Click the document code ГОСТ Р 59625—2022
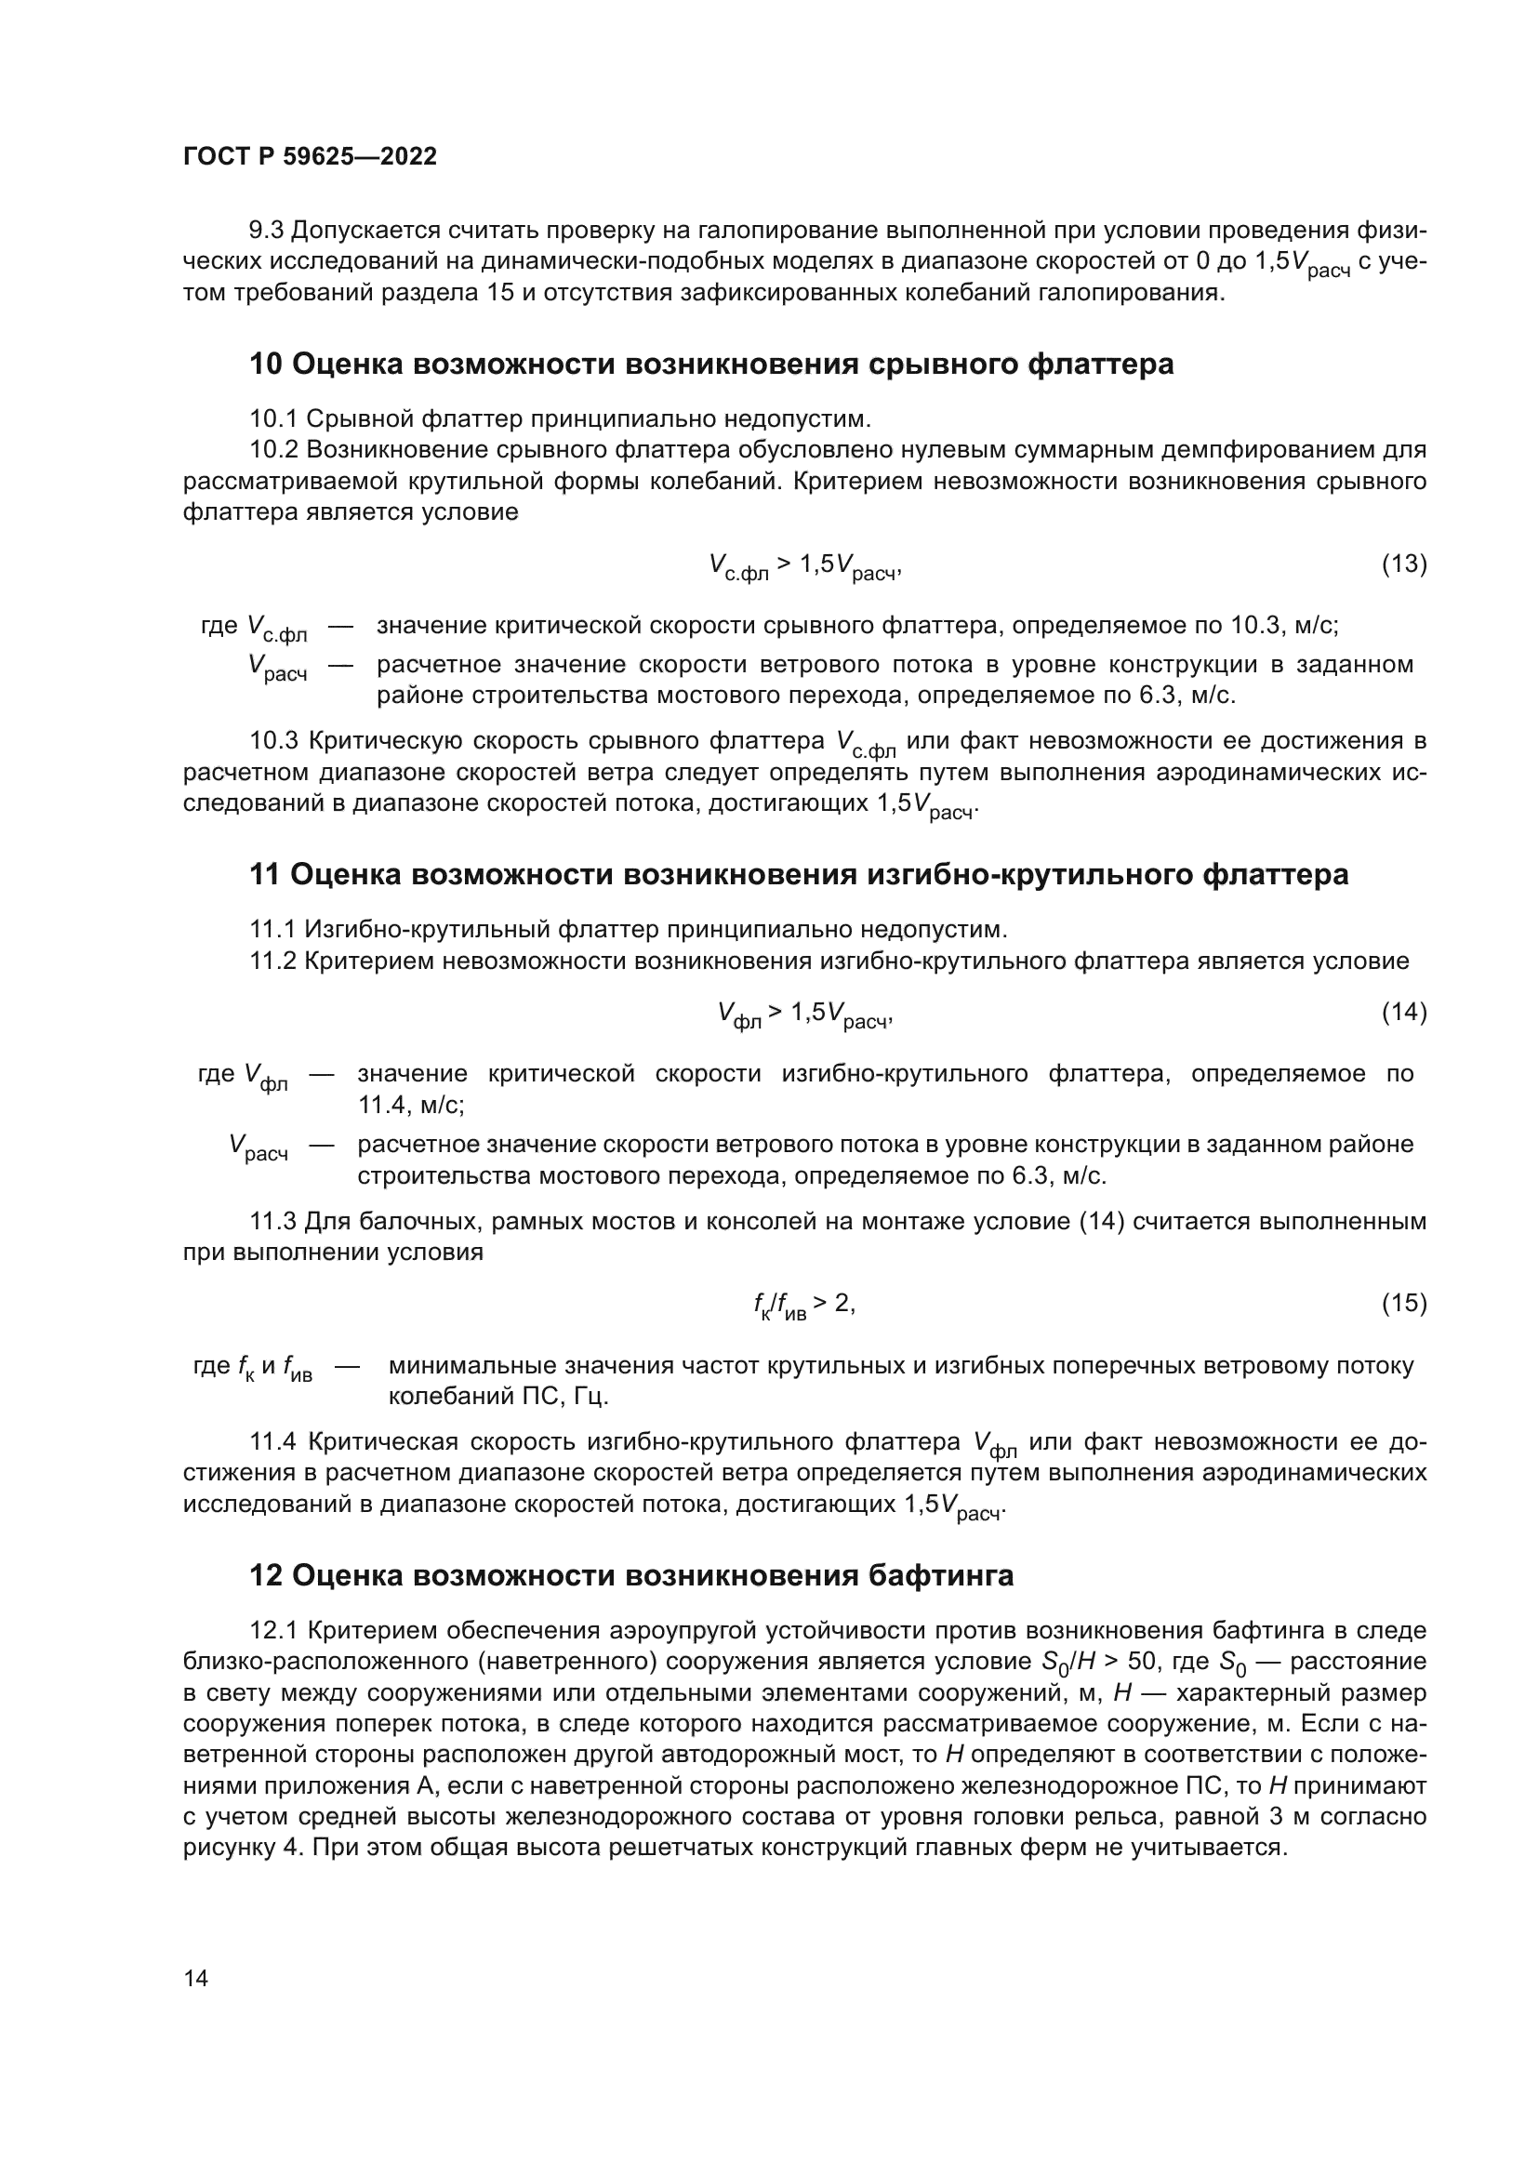310,156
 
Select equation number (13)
1403,564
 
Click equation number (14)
1403,1012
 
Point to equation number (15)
1403,1304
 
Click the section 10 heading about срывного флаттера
710,364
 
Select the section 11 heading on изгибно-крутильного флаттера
799,873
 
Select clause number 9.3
266,231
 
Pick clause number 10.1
273,418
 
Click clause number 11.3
272,1221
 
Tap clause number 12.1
273,1630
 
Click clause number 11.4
273,1442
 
